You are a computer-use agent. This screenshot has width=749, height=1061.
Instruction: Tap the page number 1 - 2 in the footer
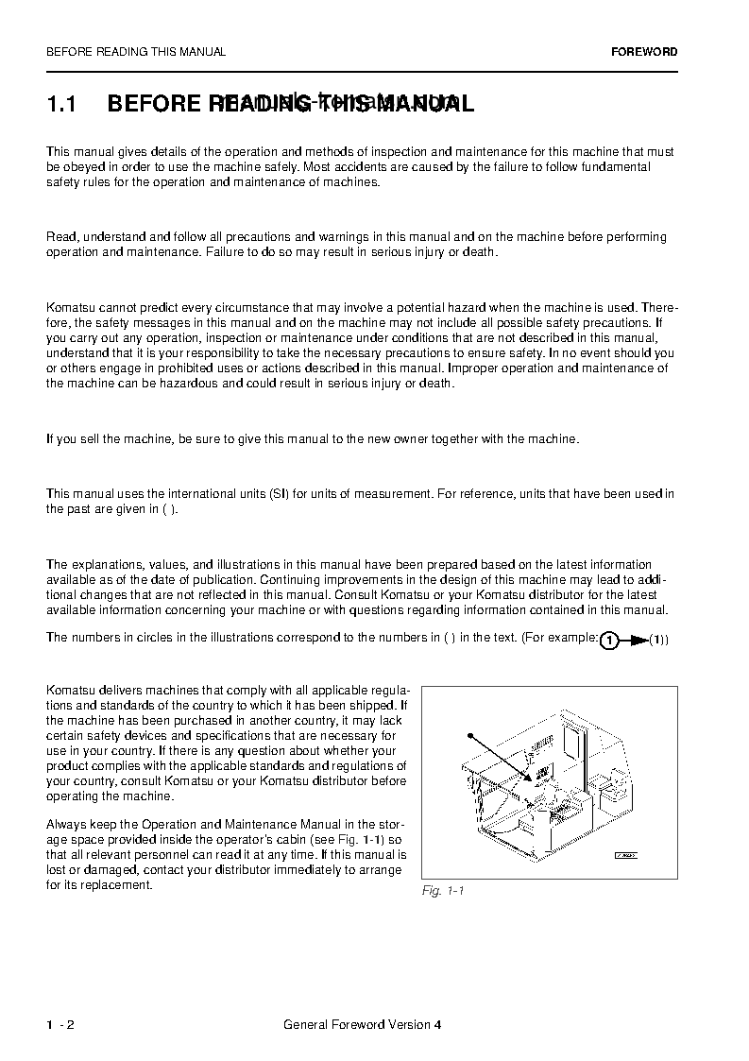tap(60, 1025)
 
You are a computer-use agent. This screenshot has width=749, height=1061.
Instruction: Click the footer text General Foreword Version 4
tap(362, 1025)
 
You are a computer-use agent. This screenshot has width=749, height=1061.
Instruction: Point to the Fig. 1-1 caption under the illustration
tap(443, 891)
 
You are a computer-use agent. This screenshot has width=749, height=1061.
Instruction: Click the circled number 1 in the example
tap(610, 641)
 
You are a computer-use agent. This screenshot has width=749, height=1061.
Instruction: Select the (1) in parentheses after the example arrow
tap(658, 641)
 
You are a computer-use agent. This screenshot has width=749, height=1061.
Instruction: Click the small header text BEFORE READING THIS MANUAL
tap(136, 52)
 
